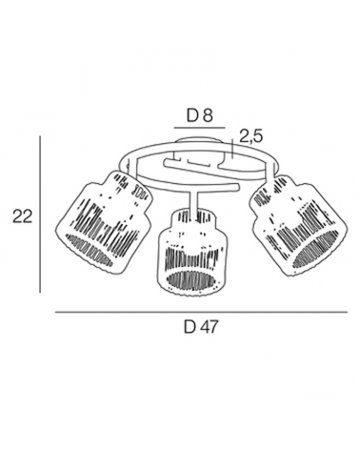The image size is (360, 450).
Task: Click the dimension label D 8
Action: [x=199, y=115]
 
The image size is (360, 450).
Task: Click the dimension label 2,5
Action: [x=250, y=136]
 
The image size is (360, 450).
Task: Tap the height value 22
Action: [x=22, y=216]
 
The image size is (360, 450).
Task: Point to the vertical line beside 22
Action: [x=40, y=215]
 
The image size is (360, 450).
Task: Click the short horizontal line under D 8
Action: [x=199, y=128]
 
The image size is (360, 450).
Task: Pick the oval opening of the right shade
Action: [x=315, y=247]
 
